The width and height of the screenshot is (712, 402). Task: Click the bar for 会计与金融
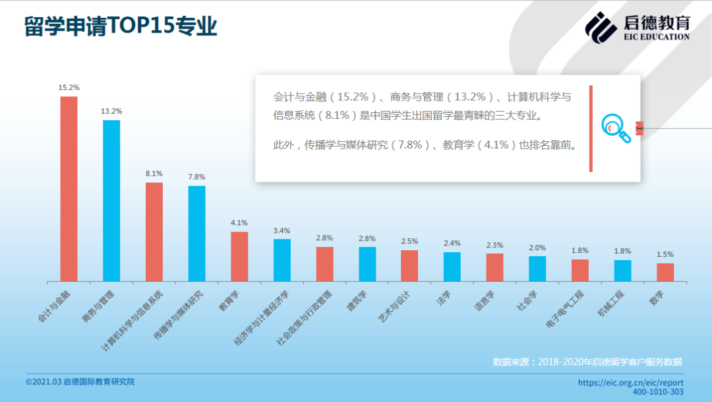(x=69, y=189)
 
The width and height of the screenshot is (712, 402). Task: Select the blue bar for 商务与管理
(x=111, y=201)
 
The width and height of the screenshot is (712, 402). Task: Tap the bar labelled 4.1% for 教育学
(x=239, y=256)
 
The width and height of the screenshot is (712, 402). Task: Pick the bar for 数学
(x=665, y=272)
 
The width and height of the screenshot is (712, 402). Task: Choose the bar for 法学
(x=452, y=267)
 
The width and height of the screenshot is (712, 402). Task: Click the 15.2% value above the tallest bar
(x=69, y=87)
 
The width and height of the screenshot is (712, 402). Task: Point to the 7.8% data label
(x=196, y=177)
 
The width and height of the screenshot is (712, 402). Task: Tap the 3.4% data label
(x=282, y=230)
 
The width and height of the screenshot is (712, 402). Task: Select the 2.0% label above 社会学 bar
(x=537, y=248)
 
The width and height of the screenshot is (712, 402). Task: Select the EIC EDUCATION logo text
(x=656, y=37)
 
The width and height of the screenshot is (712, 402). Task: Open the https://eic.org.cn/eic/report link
(x=630, y=382)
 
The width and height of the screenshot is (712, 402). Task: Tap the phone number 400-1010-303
(x=657, y=392)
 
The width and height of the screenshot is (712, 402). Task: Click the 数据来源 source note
(x=587, y=362)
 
